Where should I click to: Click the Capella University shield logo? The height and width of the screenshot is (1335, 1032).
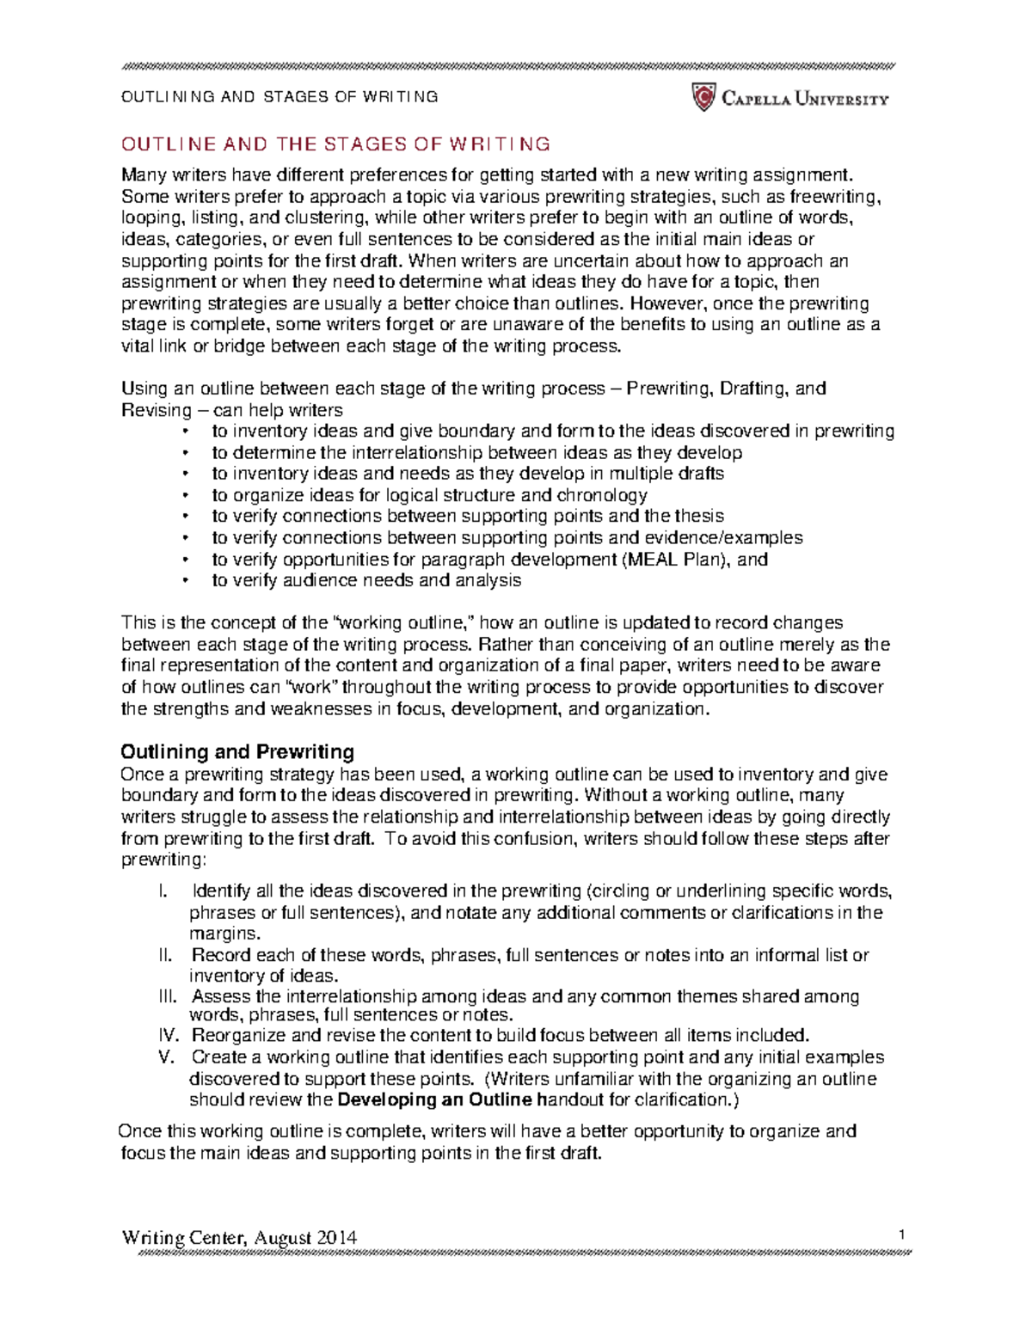[703, 97]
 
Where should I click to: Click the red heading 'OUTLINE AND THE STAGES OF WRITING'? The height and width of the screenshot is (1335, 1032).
[335, 144]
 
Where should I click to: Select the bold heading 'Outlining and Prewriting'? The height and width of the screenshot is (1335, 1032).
[237, 752]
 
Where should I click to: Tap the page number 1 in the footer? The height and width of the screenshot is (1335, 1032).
[902, 1235]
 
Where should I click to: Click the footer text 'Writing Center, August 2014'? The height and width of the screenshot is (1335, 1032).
[239, 1238]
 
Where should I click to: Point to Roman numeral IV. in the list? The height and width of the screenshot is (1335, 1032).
[170, 1035]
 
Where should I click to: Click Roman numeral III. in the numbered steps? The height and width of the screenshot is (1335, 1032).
[169, 996]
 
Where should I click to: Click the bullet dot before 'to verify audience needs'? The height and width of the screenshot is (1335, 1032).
[184, 581]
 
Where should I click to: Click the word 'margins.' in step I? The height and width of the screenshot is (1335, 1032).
[224, 934]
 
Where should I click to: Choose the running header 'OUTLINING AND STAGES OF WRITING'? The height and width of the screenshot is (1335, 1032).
[279, 97]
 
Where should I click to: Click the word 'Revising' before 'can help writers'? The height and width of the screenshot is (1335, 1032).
[157, 410]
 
